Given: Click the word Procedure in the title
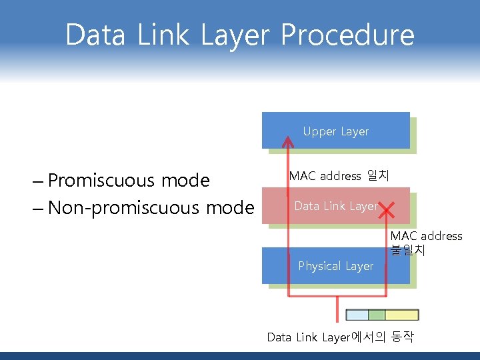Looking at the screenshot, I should (x=347, y=35).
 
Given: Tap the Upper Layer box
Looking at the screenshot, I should (x=335, y=131).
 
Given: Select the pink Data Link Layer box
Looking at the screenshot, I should (x=335, y=206).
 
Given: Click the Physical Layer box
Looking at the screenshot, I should (x=335, y=266).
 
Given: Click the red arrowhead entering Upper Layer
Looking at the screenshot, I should (x=288, y=141).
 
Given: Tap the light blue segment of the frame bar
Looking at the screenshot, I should (x=358, y=315).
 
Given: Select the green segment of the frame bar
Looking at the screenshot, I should (x=377, y=315).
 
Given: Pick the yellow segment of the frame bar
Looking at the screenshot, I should (x=401, y=315).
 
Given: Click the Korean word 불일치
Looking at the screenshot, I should (x=407, y=251).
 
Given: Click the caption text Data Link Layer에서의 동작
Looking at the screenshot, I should (x=340, y=337).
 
